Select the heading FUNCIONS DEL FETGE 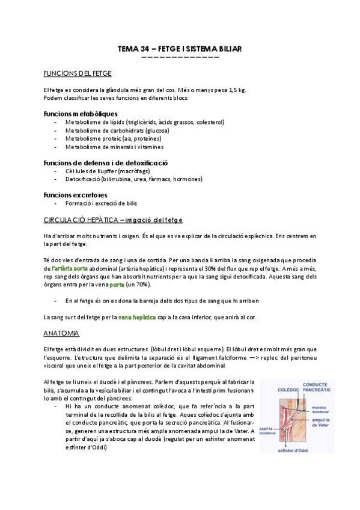click(78, 73)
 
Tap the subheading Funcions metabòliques click(81, 114)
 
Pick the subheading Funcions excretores click(76, 194)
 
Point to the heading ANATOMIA click(61, 333)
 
